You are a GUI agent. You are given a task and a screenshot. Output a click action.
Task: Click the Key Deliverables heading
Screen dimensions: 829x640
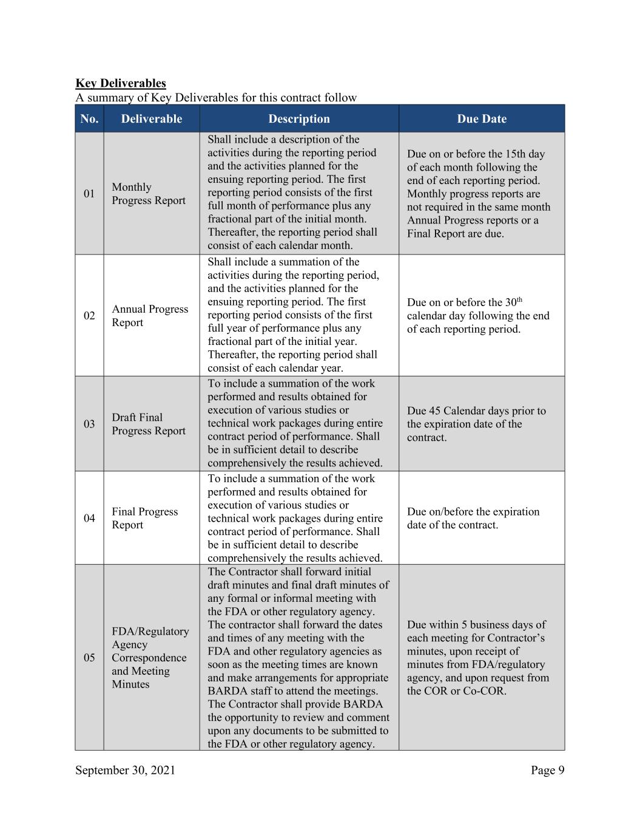pos(120,83)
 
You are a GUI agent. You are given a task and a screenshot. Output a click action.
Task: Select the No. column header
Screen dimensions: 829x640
pos(89,119)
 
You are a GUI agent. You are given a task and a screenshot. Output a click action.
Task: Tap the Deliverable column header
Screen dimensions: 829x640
pos(151,119)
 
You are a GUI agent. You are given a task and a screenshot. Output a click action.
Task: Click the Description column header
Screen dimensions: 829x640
pos(299,119)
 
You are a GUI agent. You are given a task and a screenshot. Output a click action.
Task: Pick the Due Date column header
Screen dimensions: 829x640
pos(482,119)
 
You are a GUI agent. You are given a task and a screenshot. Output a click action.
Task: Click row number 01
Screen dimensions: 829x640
pos(89,194)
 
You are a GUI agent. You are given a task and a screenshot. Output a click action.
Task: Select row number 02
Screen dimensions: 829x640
pos(89,316)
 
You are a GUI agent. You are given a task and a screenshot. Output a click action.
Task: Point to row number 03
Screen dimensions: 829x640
pos(89,424)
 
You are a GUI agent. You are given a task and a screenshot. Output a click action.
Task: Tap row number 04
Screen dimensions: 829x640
pos(89,518)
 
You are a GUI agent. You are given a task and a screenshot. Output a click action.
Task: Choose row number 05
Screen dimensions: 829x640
pos(89,658)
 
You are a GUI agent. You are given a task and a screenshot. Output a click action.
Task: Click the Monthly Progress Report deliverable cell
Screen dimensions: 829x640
pos(149,194)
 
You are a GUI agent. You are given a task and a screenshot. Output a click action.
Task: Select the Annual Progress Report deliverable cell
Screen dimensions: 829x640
pos(150,316)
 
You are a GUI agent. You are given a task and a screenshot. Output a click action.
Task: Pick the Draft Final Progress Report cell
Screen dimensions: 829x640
pos(149,424)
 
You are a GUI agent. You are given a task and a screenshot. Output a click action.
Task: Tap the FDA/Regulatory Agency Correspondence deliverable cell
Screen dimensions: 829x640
pos(150,658)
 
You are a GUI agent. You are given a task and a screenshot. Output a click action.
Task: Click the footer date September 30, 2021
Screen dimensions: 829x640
pos(125,771)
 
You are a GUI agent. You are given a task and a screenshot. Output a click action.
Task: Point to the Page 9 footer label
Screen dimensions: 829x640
pos(548,771)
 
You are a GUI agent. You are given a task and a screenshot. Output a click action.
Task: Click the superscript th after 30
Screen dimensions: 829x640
pos(519,299)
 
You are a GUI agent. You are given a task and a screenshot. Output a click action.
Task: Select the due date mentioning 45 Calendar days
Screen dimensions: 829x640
pos(476,424)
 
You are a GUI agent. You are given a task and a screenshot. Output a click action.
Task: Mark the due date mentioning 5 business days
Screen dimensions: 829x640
pos(478,658)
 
